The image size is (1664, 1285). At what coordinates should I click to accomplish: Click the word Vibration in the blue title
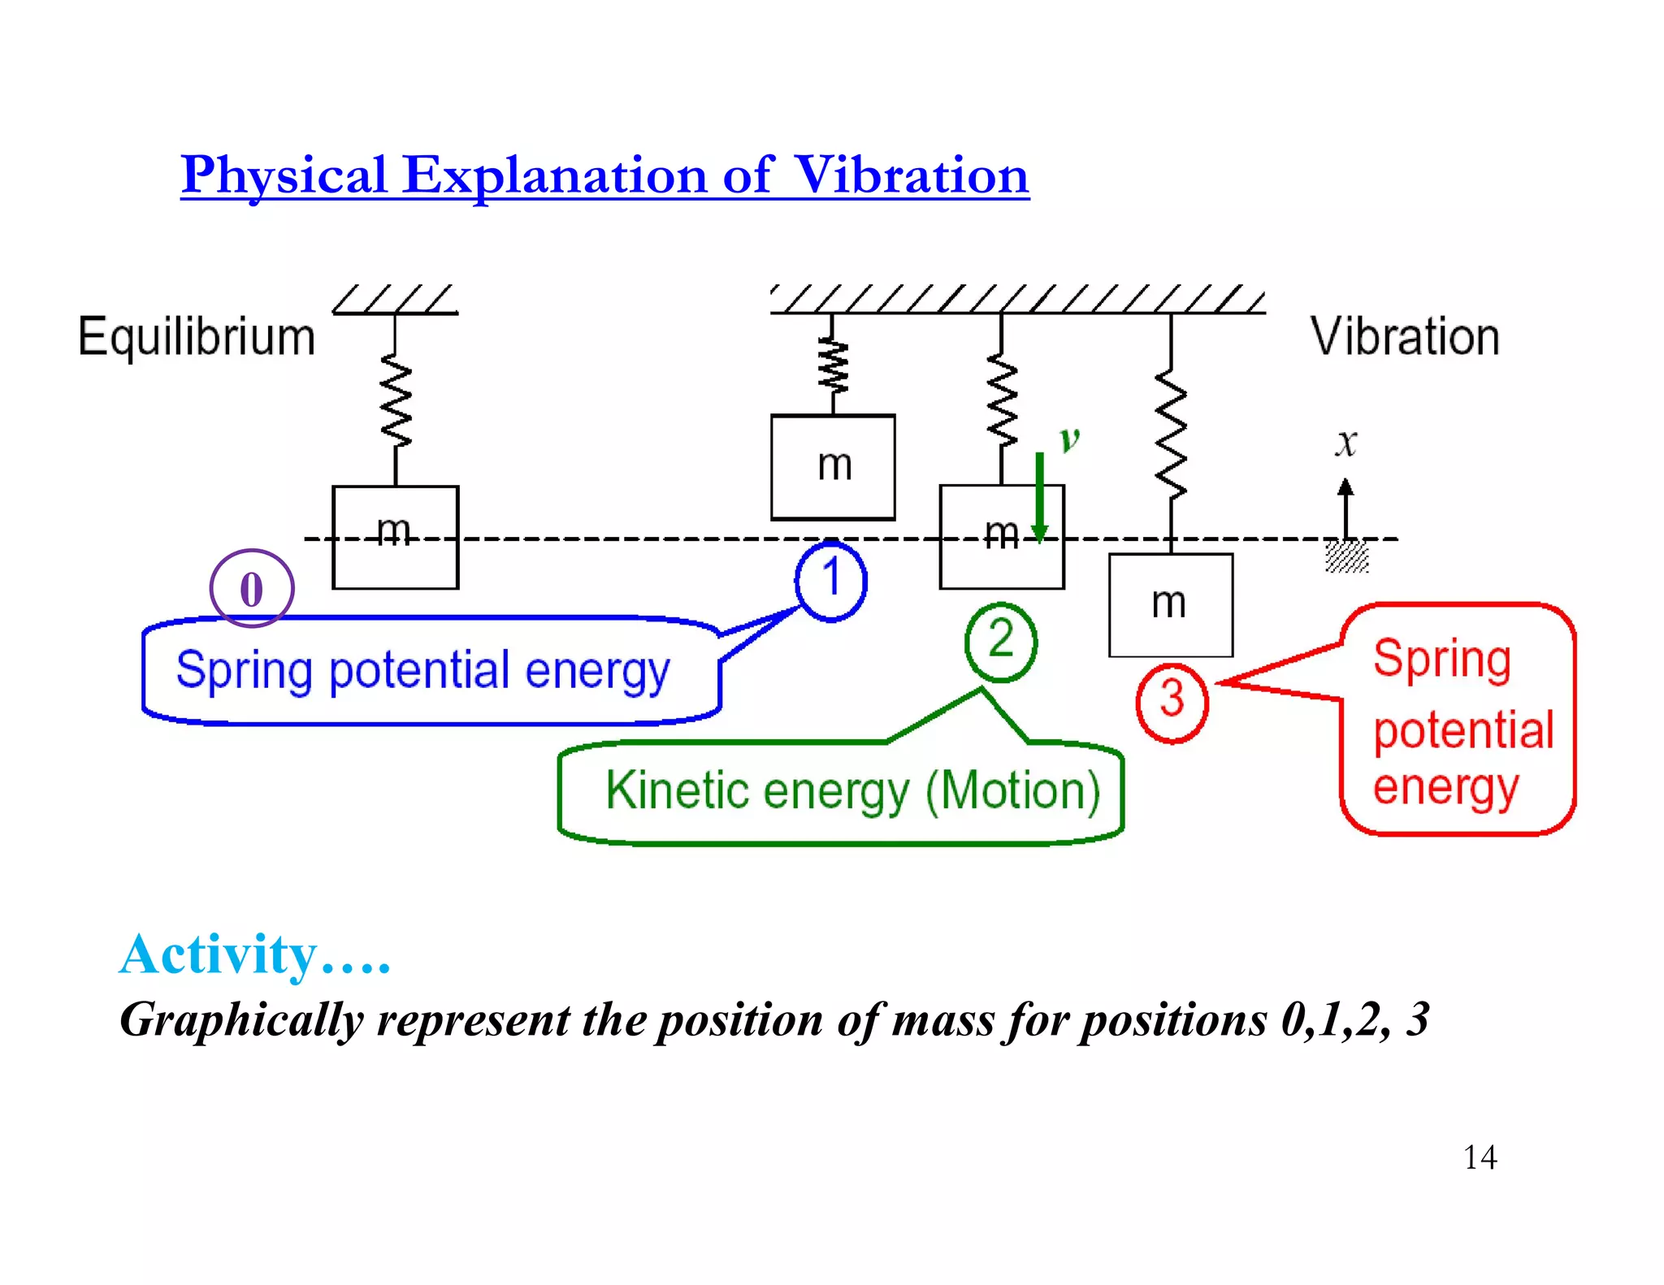(x=911, y=175)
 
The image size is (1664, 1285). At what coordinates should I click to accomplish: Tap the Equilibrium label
(x=197, y=336)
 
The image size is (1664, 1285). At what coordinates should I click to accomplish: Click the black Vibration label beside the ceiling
(x=1405, y=336)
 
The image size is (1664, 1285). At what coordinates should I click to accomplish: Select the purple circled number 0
(x=252, y=589)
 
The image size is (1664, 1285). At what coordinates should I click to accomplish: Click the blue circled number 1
(x=830, y=580)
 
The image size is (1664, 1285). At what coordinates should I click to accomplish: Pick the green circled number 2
(x=1001, y=641)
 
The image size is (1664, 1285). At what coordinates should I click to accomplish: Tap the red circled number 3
(x=1172, y=701)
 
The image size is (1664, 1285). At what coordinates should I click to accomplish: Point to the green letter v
(x=1069, y=439)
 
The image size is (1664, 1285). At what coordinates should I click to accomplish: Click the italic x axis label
(x=1346, y=443)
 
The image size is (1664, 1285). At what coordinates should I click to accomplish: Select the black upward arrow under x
(x=1346, y=508)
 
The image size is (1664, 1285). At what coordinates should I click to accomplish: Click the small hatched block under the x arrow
(x=1346, y=557)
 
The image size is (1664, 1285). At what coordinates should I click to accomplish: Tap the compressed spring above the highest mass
(x=833, y=366)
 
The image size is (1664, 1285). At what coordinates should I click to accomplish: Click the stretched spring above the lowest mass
(x=1171, y=435)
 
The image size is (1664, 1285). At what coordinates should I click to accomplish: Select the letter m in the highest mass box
(x=834, y=465)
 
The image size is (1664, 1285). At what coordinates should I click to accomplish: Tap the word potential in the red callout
(x=1463, y=729)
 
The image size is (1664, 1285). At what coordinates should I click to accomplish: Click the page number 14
(x=1480, y=1157)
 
